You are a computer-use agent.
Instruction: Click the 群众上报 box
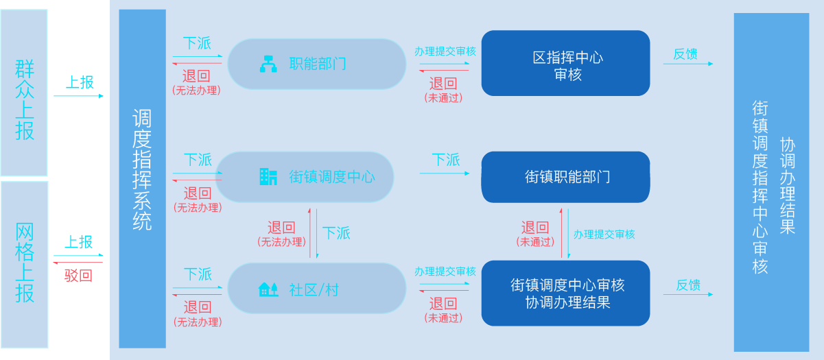[24, 93]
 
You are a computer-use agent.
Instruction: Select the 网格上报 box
[24, 265]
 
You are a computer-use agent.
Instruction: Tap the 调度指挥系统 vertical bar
[142, 179]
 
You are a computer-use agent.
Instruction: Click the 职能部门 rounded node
[317, 64]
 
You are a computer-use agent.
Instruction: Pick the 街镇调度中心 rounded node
[305, 177]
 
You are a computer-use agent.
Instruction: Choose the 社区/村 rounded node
[317, 288]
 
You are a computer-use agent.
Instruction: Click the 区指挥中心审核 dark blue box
[566, 63]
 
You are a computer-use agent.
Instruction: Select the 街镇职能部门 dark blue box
[566, 177]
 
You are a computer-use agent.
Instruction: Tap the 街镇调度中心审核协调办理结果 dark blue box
[566, 293]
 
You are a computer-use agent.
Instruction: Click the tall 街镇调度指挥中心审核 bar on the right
[771, 182]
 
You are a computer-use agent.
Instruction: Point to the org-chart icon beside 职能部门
[268, 64]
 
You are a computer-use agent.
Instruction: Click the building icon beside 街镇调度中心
[268, 177]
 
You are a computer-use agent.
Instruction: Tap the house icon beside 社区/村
[268, 289]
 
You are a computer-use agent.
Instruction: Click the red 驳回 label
[78, 276]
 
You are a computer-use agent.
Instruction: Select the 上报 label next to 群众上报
[80, 82]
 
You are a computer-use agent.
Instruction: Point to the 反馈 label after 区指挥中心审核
[685, 54]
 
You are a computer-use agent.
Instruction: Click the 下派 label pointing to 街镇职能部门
[446, 160]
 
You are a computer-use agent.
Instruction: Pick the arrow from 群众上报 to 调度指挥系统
[78, 96]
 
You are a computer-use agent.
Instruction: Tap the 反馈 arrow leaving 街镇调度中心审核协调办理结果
[688, 294]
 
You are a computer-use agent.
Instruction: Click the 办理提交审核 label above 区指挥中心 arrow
[445, 51]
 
